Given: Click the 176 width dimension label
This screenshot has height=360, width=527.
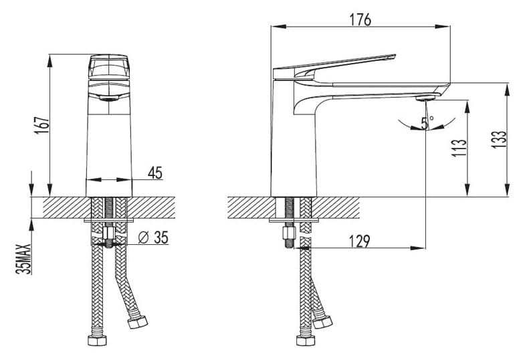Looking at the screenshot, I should click(360, 19).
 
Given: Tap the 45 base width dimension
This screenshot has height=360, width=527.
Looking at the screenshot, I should click(154, 173).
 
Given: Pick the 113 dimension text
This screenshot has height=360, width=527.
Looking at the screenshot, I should click(458, 148).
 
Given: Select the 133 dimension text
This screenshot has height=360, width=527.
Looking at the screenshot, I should click(498, 139).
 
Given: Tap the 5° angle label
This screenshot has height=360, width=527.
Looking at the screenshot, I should click(426, 122).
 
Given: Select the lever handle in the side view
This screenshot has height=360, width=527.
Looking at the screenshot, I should click(334, 64).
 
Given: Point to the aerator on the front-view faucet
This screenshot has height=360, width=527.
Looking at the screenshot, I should click(109, 98).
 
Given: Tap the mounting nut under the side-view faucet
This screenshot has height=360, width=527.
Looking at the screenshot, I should click(290, 235).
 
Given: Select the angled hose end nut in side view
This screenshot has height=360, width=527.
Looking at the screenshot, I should click(323, 323).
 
